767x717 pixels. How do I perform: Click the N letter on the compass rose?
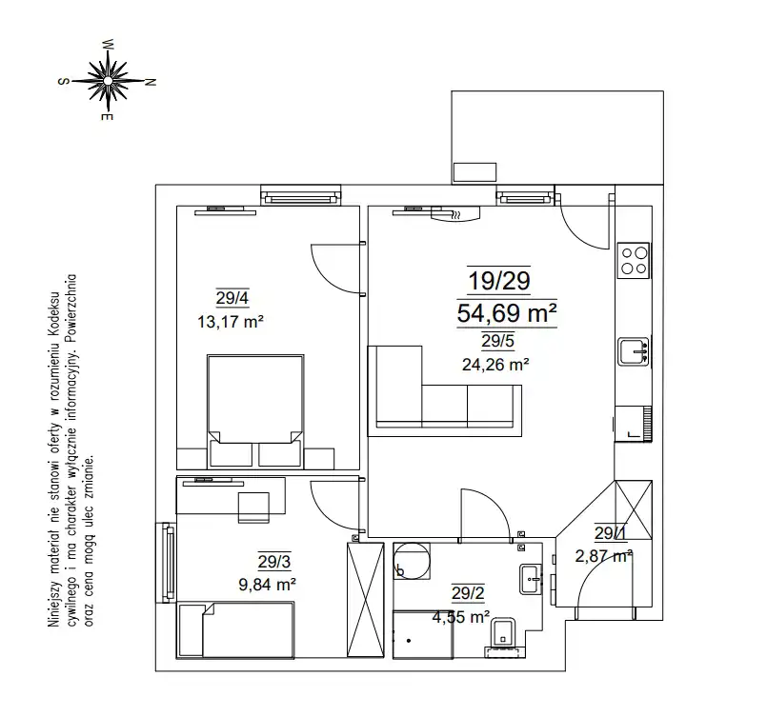[151, 82]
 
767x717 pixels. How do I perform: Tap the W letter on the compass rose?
[109, 45]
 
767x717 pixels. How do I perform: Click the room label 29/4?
[232, 298]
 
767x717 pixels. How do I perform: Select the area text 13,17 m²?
[231, 322]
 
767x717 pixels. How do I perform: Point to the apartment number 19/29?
[499, 281]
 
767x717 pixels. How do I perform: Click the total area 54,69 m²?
[507, 313]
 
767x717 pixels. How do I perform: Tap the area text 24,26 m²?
[495, 364]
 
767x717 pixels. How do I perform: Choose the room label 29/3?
[274, 562]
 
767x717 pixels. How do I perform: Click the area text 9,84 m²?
[267, 584]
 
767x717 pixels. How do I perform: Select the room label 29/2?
[468, 593]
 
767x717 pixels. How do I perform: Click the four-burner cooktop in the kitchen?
[634, 261]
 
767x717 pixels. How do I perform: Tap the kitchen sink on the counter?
[634, 351]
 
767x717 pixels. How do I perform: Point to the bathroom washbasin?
[531, 579]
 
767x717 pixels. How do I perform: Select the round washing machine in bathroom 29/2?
[412, 561]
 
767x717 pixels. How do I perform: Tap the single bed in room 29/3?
[236, 630]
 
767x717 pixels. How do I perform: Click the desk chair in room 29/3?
[253, 508]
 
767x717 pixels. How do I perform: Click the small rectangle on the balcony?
[474, 172]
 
